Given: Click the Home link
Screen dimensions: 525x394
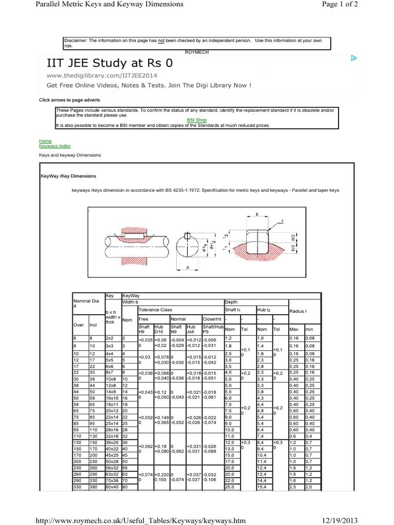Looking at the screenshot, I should pos(45,140).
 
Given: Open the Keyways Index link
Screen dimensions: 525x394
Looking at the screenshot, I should pos(54,146).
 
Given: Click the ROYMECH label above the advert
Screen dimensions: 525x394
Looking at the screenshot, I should pos(197,51).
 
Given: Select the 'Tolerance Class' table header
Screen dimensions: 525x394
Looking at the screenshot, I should pos(156,310).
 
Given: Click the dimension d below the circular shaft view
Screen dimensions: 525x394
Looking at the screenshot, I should pos(188,267).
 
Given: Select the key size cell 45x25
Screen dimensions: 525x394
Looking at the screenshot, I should pos(112,455).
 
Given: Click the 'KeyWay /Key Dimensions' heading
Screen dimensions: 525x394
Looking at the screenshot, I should pos(68,176).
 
